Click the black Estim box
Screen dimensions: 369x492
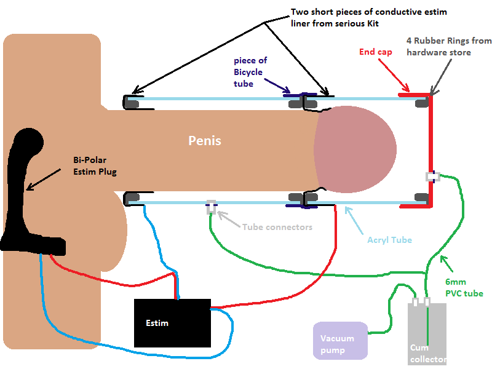(172, 323)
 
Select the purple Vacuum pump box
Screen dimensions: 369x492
(339, 341)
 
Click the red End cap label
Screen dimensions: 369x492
(376, 52)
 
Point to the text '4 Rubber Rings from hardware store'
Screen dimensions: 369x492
(449, 46)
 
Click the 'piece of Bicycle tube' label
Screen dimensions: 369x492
(248, 72)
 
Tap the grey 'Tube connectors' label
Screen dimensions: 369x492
(277, 227)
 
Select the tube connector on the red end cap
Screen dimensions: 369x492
(433, 177)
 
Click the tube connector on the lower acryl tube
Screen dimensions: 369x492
(211, 207)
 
